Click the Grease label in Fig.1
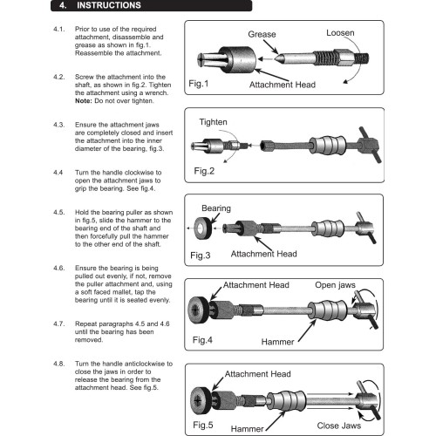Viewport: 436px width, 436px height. point(262,34)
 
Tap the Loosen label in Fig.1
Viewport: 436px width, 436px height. point(340,32)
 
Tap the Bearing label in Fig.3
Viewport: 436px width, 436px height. point(216,210)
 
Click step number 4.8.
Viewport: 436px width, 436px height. point(59,363)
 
